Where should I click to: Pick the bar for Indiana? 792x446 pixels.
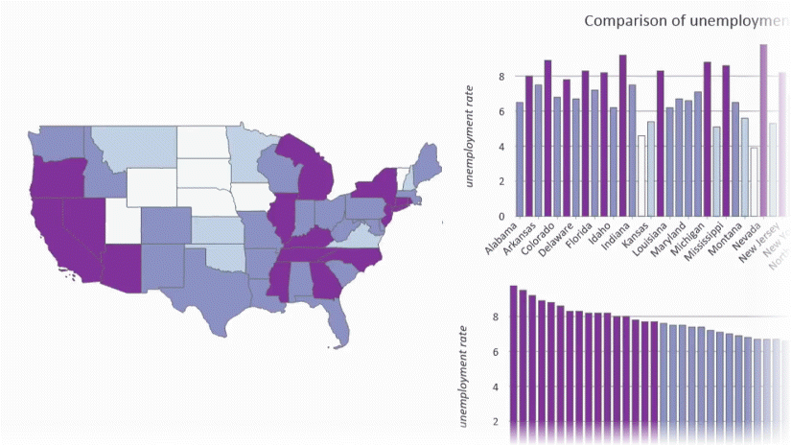621,135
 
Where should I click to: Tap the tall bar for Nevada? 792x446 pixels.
763,130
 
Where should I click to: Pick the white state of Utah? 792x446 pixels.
121,220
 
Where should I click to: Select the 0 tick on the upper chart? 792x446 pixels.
499,217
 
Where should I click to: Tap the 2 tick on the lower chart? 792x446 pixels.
496,422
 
